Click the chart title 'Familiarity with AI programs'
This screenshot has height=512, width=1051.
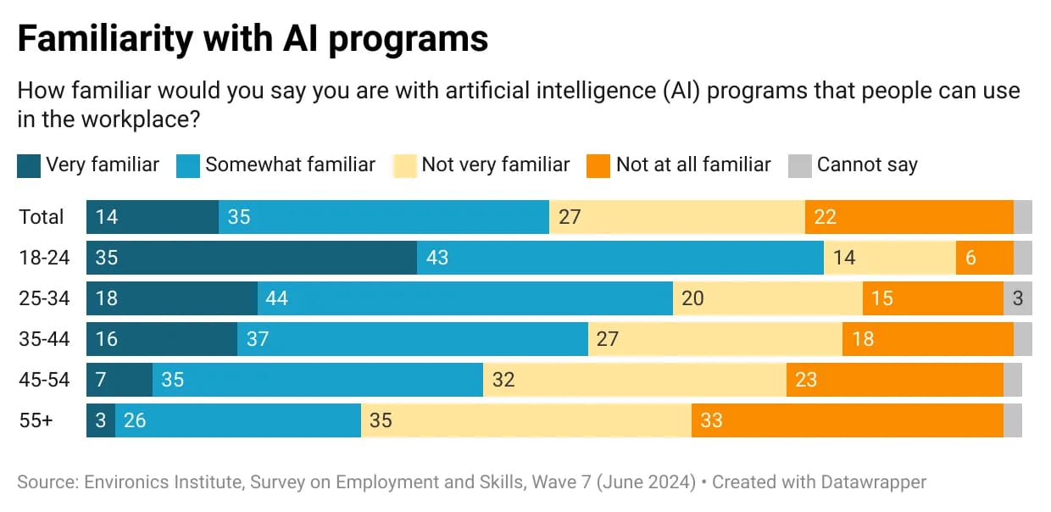point(253,39)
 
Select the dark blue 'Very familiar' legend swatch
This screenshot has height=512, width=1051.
point(29,165)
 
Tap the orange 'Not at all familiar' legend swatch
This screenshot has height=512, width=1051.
point(598,165)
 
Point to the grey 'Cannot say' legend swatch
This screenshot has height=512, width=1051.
point(800,165)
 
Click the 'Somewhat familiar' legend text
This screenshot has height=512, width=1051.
point(290,164)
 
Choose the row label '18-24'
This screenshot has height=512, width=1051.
point(44,258)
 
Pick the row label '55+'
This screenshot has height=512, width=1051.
point(36,420)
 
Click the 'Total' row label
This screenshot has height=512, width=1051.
point(42,217)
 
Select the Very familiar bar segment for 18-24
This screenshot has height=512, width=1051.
point(252,258)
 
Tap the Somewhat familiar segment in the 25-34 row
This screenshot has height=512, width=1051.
point(465,298)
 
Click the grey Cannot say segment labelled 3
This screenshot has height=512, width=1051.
point(1018,298)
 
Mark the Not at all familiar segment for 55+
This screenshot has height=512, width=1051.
point(848,420)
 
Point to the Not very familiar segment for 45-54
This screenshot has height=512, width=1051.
point(635,380)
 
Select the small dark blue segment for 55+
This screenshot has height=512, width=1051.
point(101,420)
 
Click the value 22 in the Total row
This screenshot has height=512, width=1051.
point(825,217)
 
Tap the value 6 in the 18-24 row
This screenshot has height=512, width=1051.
point(971,258)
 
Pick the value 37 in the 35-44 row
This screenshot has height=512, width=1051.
point(258,339)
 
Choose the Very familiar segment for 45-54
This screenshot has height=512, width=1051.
point(120,380)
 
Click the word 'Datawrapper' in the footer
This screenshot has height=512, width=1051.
point(872,482)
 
